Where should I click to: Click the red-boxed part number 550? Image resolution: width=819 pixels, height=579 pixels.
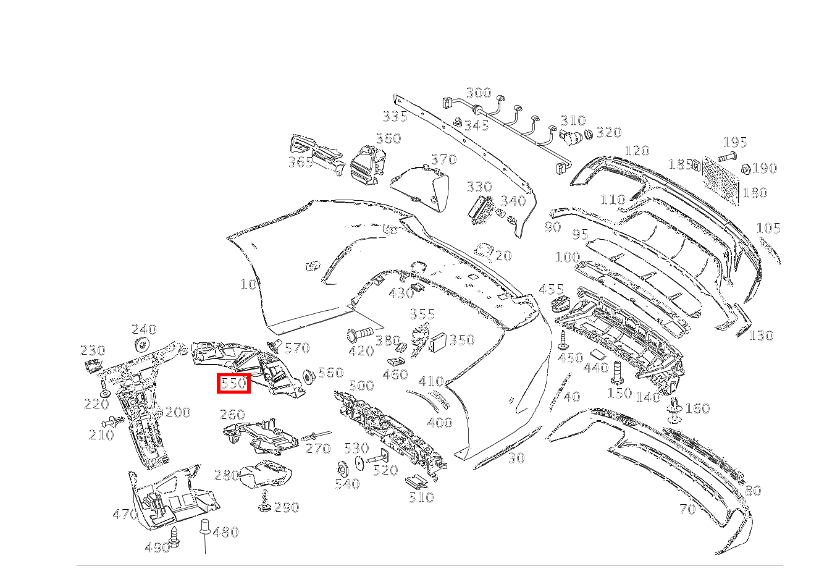pyautogui.click(x=233, y=383)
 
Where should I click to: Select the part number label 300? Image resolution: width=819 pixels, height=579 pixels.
pyautogui.click(x=479, y=93)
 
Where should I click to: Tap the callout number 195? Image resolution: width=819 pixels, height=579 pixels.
pyautogui.click(x=735, y=142)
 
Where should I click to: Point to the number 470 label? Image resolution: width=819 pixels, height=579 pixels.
pyautogui.click(x=125, y=514)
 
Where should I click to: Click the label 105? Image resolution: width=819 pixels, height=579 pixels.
pyautogui.click(x=768, y=228)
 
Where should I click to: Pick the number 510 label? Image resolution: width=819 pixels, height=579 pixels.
pyautogui.click(x=422, y=497)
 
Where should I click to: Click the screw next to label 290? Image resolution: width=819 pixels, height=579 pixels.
pyautogui.click(x=264, y=501)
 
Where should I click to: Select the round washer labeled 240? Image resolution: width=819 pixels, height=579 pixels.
pyautogui.click(x=143, y=345)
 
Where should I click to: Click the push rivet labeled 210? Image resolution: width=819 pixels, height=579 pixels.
pyautogui.click(x=114, y=422)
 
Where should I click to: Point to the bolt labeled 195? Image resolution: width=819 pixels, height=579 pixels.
pyautogui.click(x=727, y=158)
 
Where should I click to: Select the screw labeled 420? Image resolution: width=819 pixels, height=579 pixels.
pyautogui.click(x=359, y=334)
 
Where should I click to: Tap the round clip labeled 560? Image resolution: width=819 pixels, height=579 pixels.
pyautogui.click(x=309, y=376)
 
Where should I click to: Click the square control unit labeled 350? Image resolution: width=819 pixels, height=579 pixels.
pyautogui.click(x=438, y=342)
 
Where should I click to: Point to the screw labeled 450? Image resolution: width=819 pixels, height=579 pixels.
pyautogui.click(x=563, y=340)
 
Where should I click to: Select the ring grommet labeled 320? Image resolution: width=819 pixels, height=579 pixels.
pyautogui.click(x=588, y=134)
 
